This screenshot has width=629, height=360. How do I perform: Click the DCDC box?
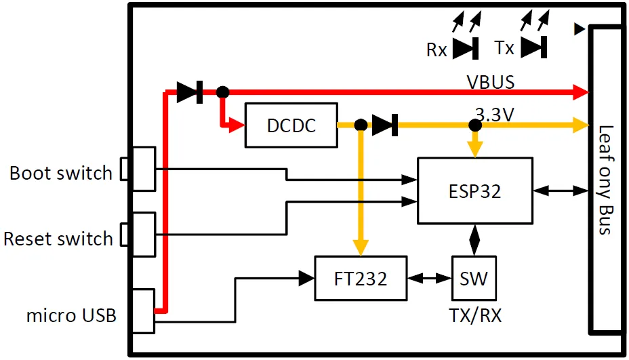(291, 125)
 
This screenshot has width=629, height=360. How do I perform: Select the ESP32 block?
(474, 191)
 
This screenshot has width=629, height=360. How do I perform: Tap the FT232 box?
(361, 278)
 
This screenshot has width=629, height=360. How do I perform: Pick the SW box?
(474, 278)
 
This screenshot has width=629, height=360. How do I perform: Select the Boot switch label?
(60, 173)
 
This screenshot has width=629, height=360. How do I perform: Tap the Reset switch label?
(58, 239)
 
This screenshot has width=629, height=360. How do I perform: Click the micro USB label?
(71, 315)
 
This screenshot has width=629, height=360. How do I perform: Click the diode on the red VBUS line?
(190, 92)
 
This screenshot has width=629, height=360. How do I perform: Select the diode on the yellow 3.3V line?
(385, 125)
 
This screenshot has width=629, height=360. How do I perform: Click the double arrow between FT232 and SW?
(430, 278)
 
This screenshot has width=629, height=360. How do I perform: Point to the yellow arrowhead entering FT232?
(361, 248)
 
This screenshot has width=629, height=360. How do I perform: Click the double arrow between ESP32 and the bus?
(561, 191)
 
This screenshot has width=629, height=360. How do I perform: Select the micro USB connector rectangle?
(144, 311)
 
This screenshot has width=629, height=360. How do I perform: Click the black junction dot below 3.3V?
(475, 125)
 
